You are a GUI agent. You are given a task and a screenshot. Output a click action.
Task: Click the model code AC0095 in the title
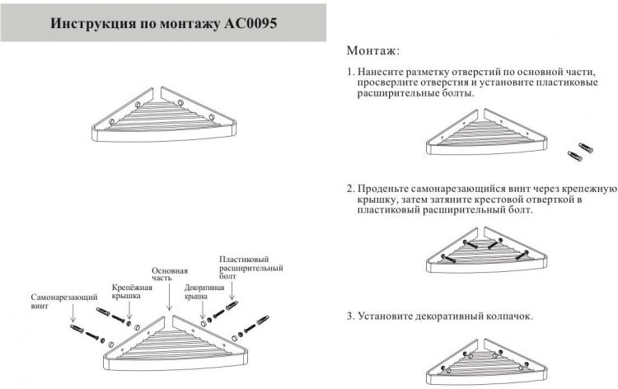250,23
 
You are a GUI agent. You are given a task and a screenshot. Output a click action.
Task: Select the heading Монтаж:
373,51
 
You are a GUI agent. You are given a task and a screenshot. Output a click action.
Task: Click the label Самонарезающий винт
63,301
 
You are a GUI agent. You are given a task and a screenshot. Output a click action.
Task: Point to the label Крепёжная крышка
132,292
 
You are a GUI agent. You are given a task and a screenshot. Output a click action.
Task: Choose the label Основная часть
170,274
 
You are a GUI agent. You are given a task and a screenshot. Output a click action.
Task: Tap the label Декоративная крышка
204,292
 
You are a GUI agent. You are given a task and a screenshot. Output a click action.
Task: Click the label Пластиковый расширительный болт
251,268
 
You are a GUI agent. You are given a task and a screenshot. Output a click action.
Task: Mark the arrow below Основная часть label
170,296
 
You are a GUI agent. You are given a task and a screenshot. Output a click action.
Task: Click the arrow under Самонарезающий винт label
73,316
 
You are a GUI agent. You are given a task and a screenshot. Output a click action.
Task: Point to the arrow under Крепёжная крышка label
129,310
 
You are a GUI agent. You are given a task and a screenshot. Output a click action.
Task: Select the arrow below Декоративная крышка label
203,310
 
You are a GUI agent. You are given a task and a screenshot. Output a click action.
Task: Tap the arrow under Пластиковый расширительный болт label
232,290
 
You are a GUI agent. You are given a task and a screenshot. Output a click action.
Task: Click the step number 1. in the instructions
351,73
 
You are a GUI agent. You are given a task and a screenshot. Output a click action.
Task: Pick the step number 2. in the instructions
351,189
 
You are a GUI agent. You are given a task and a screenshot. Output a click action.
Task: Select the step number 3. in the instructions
351,316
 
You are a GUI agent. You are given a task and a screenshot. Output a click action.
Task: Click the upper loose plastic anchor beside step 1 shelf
586,148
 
